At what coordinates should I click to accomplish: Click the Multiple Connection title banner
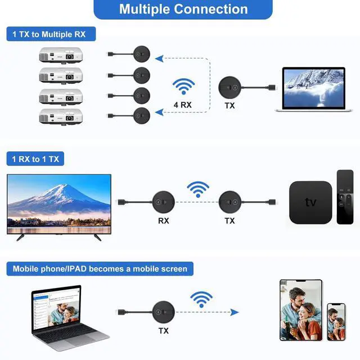pyautogui.click(x=183, y=9)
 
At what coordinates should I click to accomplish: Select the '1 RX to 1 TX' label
pyautogui.click(x=35, y=159)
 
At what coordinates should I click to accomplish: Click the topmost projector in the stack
pyautogui.click(x=61, y=55)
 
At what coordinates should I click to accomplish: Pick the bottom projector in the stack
pyautogui.click(x=61, y=116)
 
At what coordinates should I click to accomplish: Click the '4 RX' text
pyautogui.click(x=183, y=105)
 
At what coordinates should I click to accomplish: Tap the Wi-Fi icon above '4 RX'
pyautogui.click(x=183, y=86)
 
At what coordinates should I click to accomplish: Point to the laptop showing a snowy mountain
pyautogui.click(x=314, y=89)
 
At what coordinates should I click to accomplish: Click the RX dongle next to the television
pyautogui.click(x=164, y=202)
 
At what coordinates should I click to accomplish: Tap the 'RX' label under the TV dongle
pyautogui.click(x=164, y=221)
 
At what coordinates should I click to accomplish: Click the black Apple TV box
pyautogui.click(x=310, y=202)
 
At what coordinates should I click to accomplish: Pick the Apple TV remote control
pyautogui.click(x=345, y=197)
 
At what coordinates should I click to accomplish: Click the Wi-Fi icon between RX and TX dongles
pyautogui.click(x=198, y=190)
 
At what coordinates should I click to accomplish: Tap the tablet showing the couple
pyautogui.click(x=301, y=310)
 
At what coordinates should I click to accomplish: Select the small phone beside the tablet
pyautogui.click(x=336, y=322)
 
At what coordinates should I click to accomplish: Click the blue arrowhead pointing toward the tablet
pyautogui.click(x=235, y=312)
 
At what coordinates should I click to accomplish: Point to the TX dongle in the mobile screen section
pyautogui.click(x=164, y=312)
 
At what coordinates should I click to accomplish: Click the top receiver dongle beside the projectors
pyautogui.click(x=142, y=54)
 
